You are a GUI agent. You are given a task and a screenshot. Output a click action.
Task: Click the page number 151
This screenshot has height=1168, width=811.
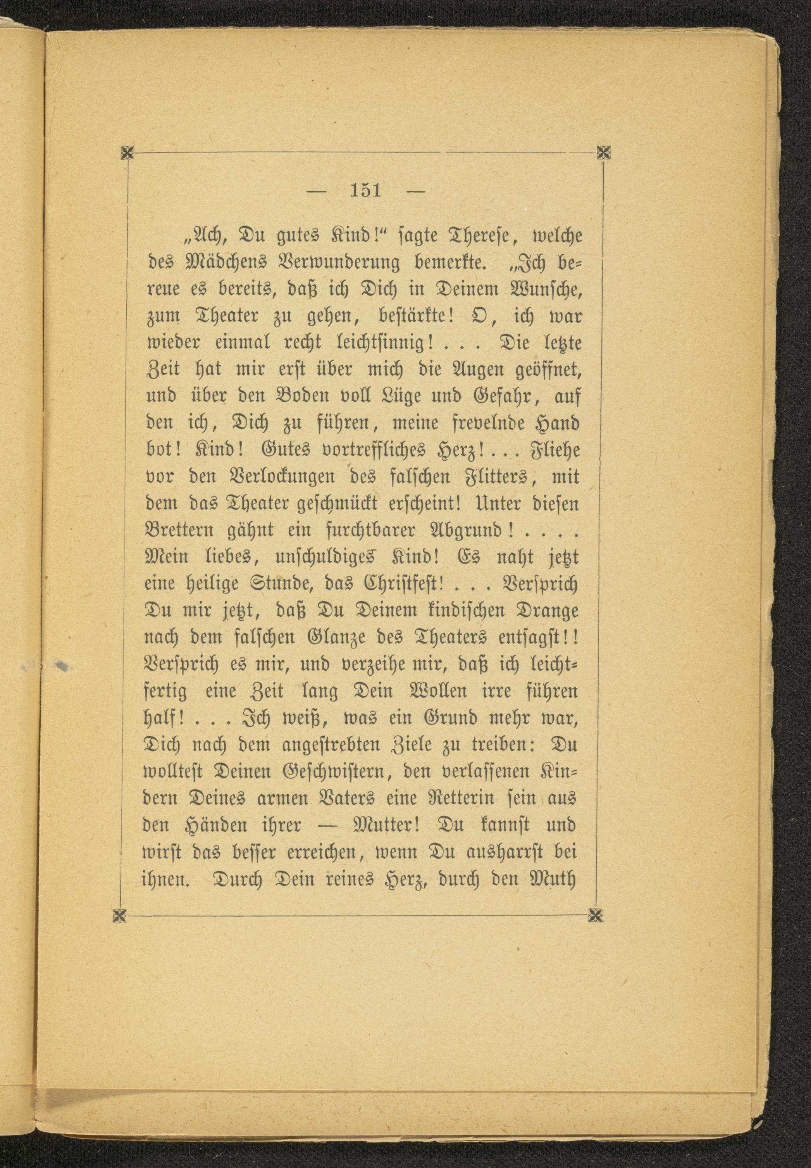click(x=366, y=191)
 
